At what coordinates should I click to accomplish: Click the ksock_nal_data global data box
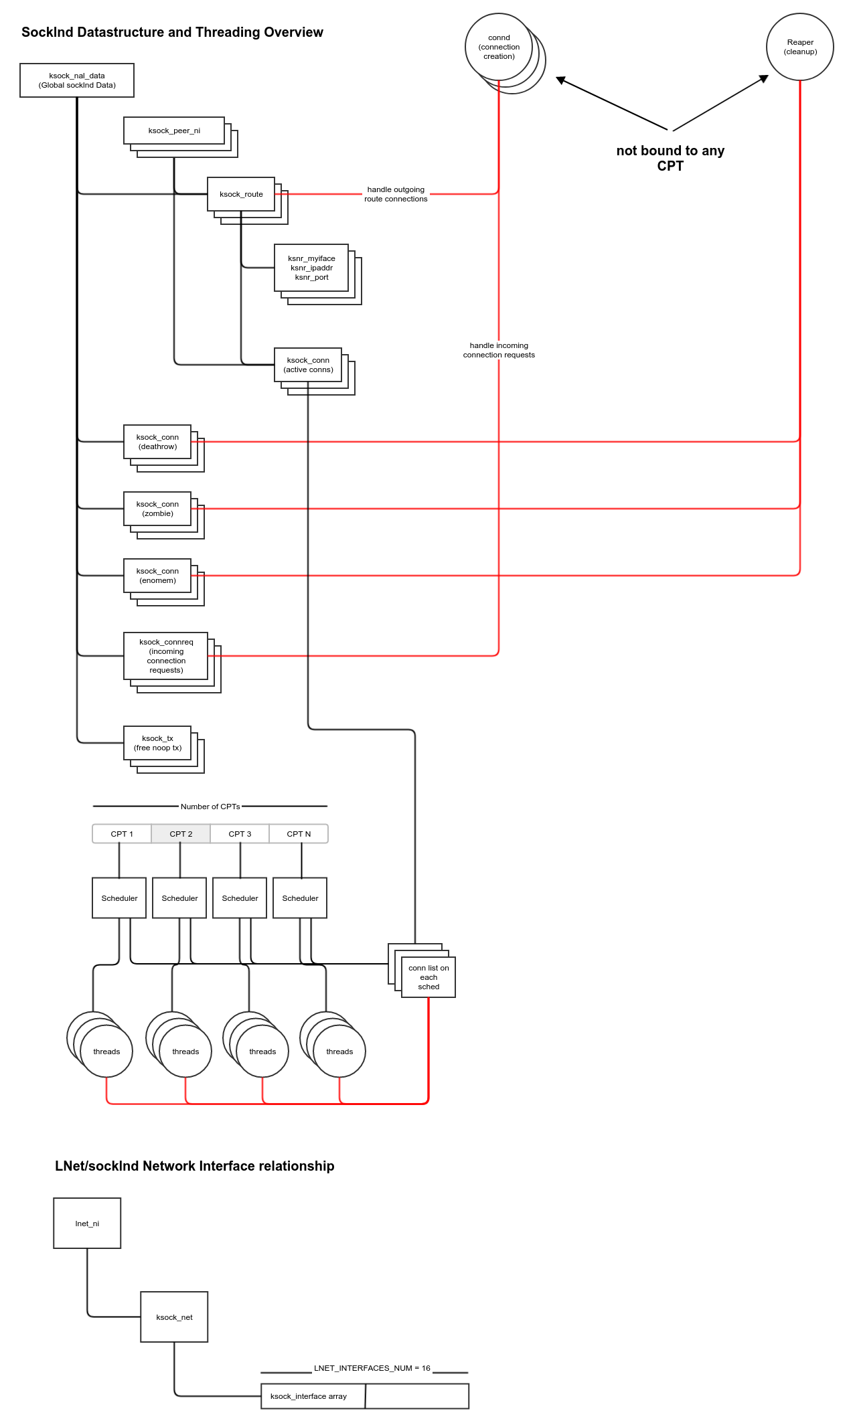tap(77, 80)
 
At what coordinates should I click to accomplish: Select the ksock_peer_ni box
tap(174, 131)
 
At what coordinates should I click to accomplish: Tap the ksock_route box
tap(241, 194)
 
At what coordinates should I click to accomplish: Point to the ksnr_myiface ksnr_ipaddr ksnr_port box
tap(311, 268)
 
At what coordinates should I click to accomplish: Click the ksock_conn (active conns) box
tap(308, 365)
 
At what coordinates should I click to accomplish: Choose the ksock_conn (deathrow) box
tap(157, 442)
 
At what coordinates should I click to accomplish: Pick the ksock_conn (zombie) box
tap(157, 509)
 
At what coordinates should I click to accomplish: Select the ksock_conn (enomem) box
tap(157, 576)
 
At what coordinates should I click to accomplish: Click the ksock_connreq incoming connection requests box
tap(166, 656)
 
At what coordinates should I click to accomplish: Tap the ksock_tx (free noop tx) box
tap(157, 743)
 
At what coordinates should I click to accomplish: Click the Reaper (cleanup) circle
tap(800, 47)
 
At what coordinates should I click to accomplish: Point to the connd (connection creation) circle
tap(499, 47)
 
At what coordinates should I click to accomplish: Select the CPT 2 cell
tap(181, 834)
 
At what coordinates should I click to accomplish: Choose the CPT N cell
tap(299, 834)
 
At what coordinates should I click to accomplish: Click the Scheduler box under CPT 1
tap(119, 898)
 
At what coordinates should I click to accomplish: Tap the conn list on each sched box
tap(429, 977)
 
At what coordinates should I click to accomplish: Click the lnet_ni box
tap(87, 1224)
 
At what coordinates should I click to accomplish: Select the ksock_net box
tap(174, 1317)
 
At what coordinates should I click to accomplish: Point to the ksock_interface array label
tap(309, 1396)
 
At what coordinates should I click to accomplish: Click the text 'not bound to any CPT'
tap(670, 159)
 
